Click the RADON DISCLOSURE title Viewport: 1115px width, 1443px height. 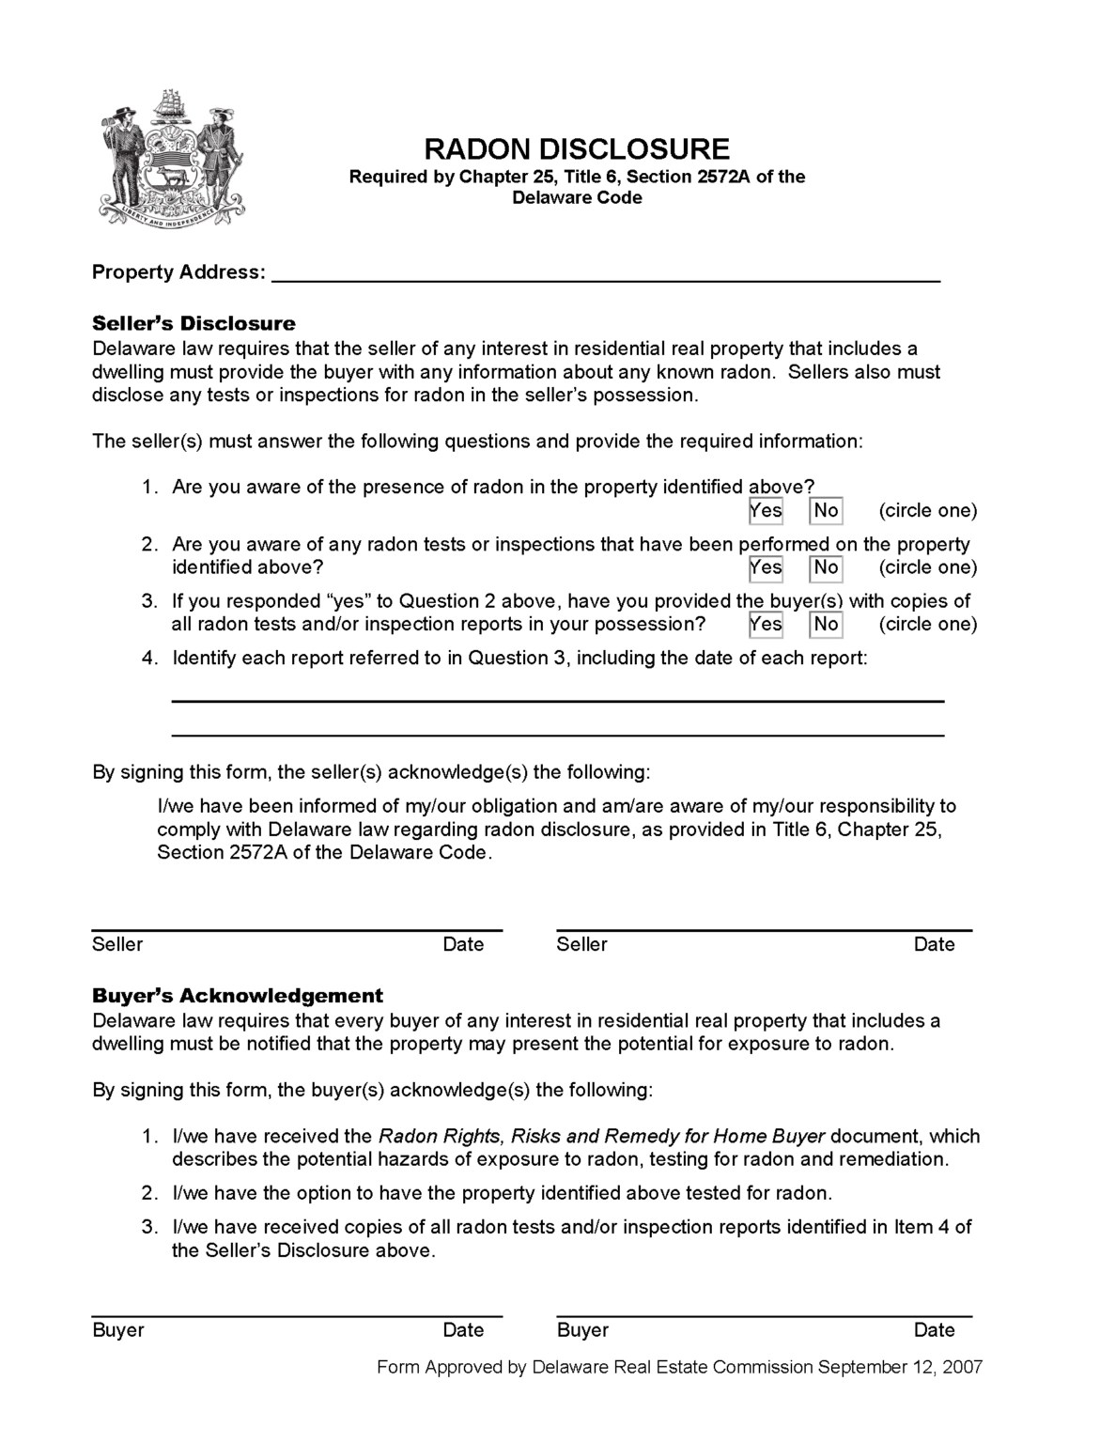pos(576,149)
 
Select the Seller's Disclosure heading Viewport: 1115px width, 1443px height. pos(194,324)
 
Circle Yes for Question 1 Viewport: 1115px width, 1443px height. pos(766,511)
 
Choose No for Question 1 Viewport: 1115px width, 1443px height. pos(826,511)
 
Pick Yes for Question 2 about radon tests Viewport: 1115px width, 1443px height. pos(766,567)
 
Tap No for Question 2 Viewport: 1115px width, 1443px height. pos(826,567)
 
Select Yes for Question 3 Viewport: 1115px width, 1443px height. pos(766,625)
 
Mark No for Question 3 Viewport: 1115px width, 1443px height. pos(826,625)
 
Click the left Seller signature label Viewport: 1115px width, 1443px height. pos(117,945)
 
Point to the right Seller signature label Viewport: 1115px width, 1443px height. pos(581,945)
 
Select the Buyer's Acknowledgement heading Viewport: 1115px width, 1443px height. pos(238,996)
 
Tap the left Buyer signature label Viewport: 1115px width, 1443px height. pos(118,1330)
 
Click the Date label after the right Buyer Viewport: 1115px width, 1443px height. pos(934,1330)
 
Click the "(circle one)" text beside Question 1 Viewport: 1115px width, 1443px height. pos(927,511)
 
